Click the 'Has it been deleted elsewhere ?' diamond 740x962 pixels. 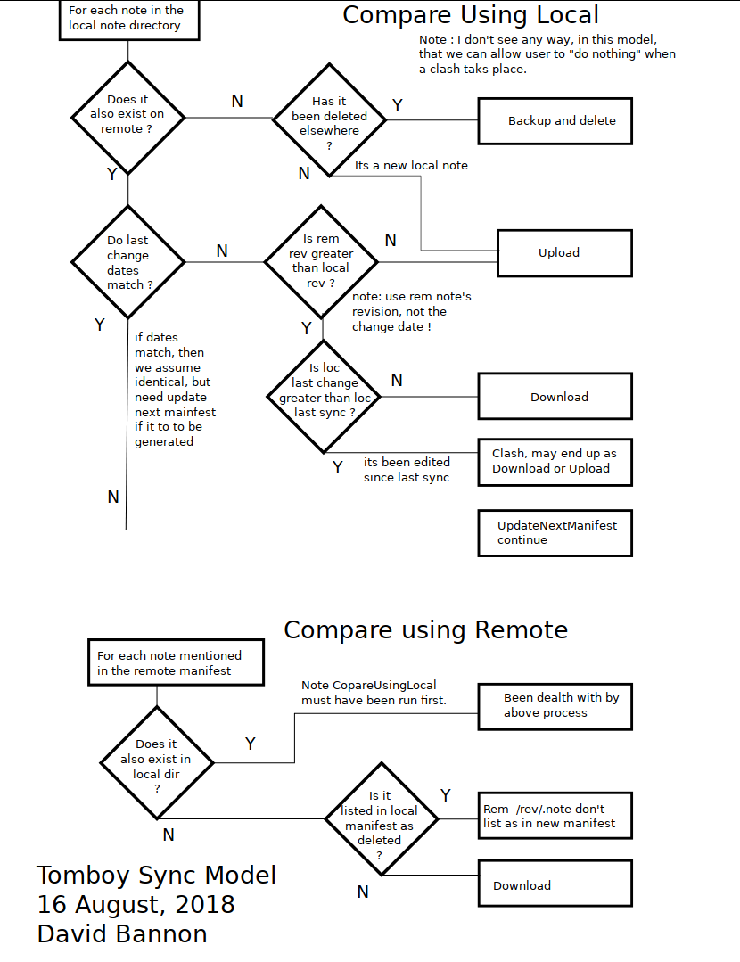point(330,119)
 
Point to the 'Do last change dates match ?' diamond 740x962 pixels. point(127,262)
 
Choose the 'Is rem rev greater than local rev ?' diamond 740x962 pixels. point(321,262)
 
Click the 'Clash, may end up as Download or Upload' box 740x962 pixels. point(555,462)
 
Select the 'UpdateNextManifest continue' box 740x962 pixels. point(555,533)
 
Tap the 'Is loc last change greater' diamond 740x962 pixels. point(324,397)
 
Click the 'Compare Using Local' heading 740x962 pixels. point(470,15)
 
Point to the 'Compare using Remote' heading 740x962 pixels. point(426,630)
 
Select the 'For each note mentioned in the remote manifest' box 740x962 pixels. point(177,662)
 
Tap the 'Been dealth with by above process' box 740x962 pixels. point(555,707)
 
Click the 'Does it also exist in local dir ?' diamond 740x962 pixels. point(157,762)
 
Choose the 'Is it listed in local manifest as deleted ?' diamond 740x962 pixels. point(382,818)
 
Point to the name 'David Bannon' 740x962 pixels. point(122,933)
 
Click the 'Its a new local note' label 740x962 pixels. point(411,165)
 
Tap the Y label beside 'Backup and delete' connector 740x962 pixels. point(398,105)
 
